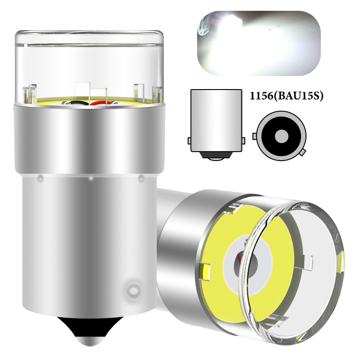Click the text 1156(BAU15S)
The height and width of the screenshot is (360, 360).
(x=286, y=96)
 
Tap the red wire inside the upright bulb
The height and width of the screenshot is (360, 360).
(x=99, y=103)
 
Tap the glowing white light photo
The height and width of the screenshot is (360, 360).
(x=259, y=43)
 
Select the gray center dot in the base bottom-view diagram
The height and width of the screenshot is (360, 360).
(x=282, y=136)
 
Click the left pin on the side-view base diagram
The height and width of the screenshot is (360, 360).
(x=189, y=140)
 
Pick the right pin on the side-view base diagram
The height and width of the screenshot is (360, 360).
(x=243, y=140)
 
